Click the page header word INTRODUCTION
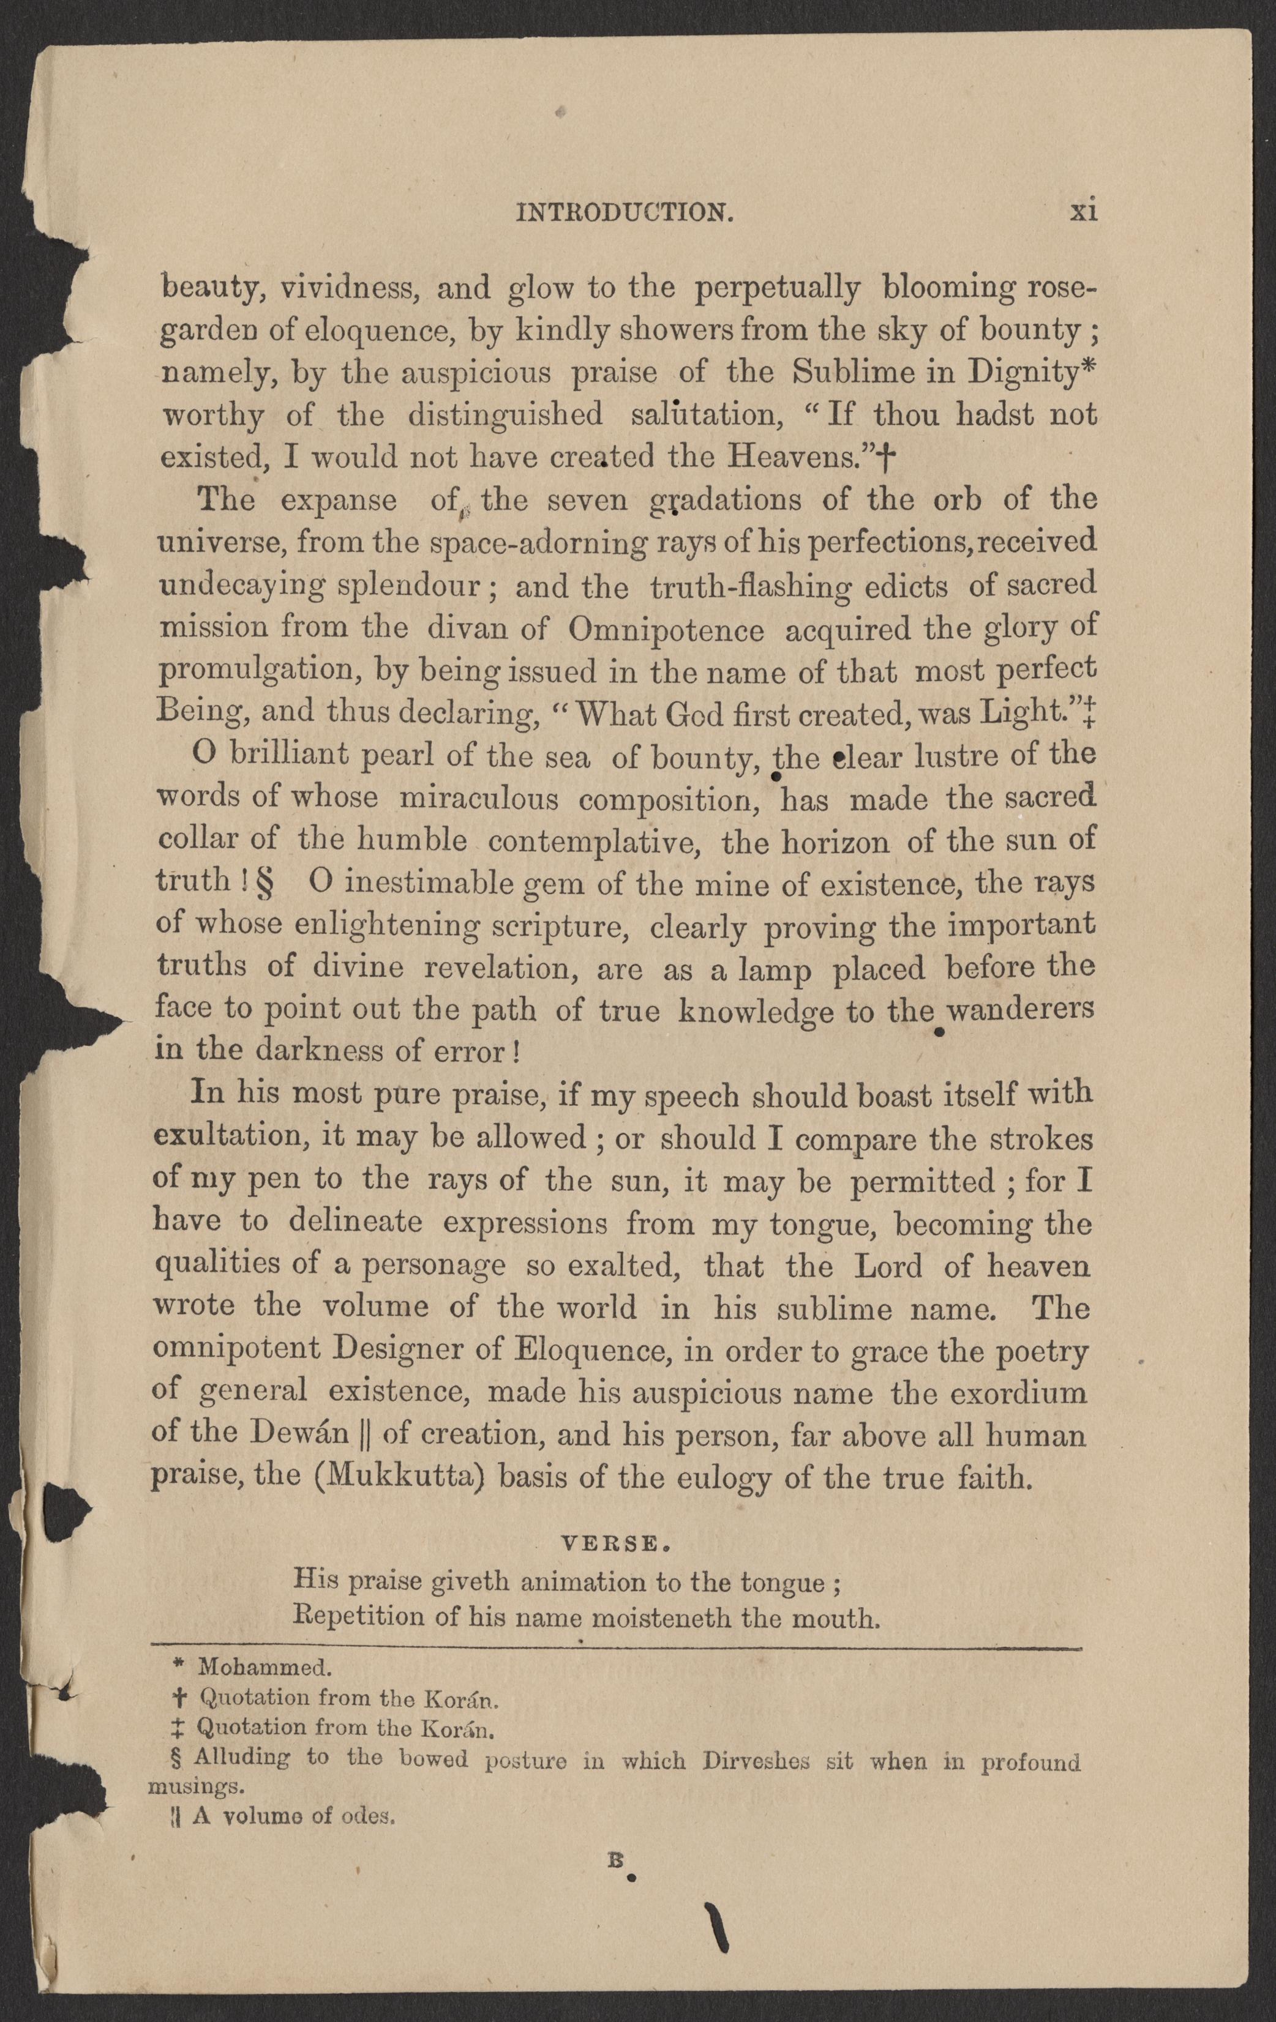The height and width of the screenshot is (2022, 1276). tap(625, 214)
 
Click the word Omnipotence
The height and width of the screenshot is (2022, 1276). tap(666, 630)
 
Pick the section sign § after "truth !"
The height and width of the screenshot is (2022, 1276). tap(271, 882)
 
